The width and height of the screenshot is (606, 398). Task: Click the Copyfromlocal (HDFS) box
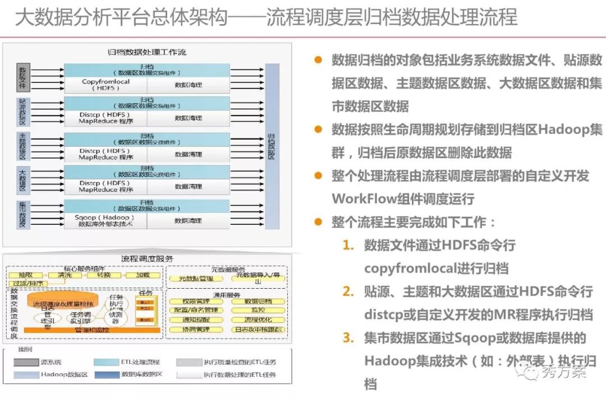[105, 85]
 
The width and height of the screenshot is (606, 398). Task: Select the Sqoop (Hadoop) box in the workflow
[105, 220]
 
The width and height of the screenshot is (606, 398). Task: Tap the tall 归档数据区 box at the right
[272, 146]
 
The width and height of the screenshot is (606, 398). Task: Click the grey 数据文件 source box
[23, 77]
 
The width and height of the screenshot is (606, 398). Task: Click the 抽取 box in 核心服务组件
[25, 275]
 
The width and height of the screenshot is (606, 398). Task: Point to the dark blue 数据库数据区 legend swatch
[107, 374]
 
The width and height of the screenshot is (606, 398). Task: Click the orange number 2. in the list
[348, 291]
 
